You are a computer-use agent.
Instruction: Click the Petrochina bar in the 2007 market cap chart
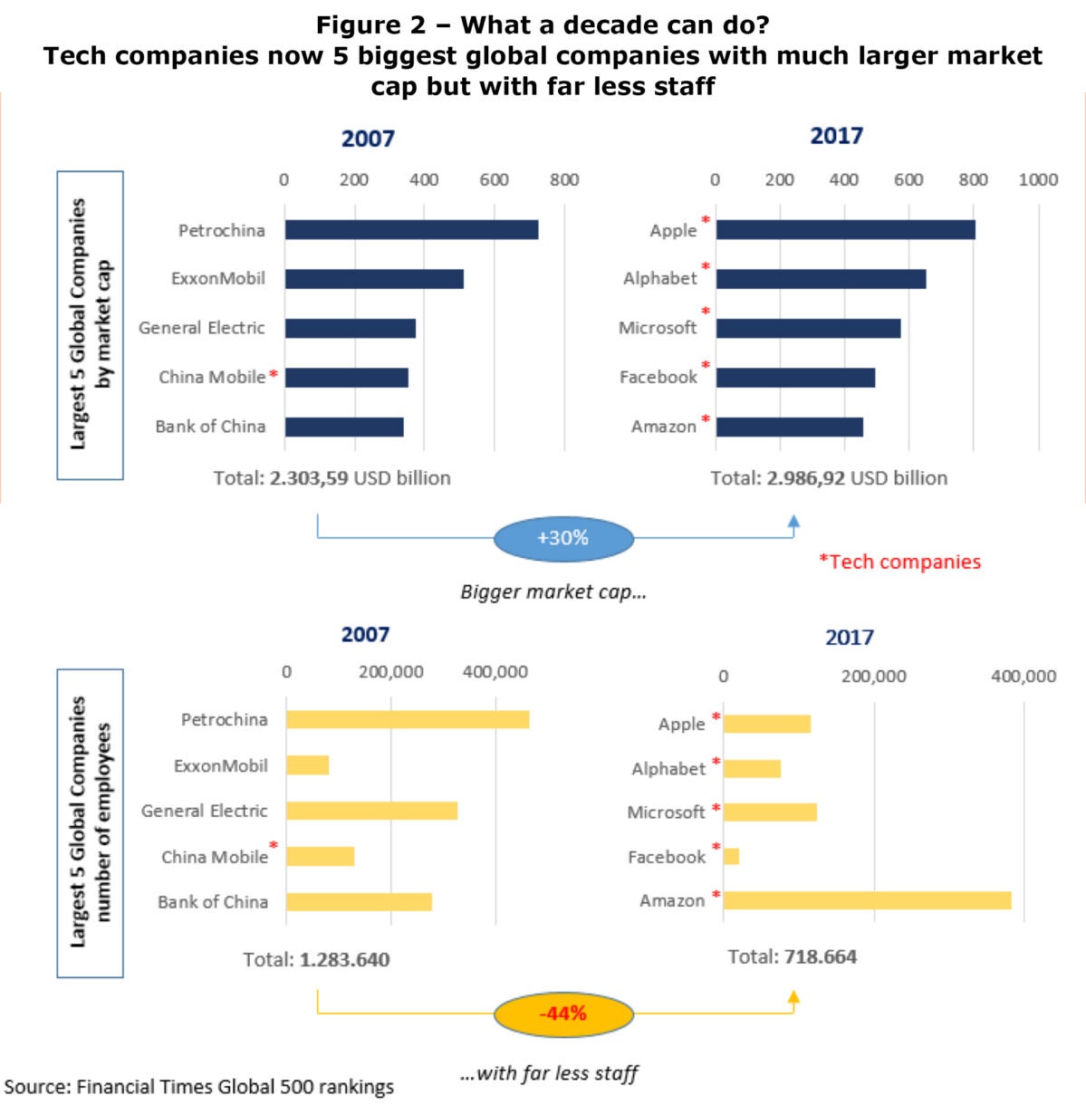[x=411, y=230]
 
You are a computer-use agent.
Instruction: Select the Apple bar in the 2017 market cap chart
[x=845, y=230]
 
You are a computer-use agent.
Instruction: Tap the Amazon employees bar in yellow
[x=867, y=900]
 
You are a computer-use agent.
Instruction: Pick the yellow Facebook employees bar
[x=731, y=856]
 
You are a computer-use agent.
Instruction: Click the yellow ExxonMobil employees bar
[x=307, y=765]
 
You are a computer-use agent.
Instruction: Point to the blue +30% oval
[x=562, y=538]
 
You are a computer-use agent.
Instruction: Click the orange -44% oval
[x=562, y=1014]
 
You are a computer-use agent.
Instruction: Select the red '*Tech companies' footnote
[x=899, y=562]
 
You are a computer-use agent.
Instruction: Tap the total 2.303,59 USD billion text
[x=332, y=478]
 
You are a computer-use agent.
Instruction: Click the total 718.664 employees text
[x=792, y=956]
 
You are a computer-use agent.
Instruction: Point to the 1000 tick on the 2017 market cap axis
[x=1038, y=179]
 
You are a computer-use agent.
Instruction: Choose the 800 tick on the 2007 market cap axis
[x=563, y=179]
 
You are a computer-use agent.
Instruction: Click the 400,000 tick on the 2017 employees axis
[x=1023, y=676]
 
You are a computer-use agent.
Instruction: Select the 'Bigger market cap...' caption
[x=553, y=592]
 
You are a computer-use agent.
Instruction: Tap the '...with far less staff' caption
[x=549, y=1073]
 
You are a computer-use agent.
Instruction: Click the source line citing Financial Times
[x=199, y=1087]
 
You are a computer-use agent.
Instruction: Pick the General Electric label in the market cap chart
[x=201, y=328]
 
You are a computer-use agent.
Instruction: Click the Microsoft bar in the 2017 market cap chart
[x=808, y=328]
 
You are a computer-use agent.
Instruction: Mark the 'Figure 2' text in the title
[x=381, y=24]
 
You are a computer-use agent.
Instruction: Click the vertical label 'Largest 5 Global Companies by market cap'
[x=90, y=324]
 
